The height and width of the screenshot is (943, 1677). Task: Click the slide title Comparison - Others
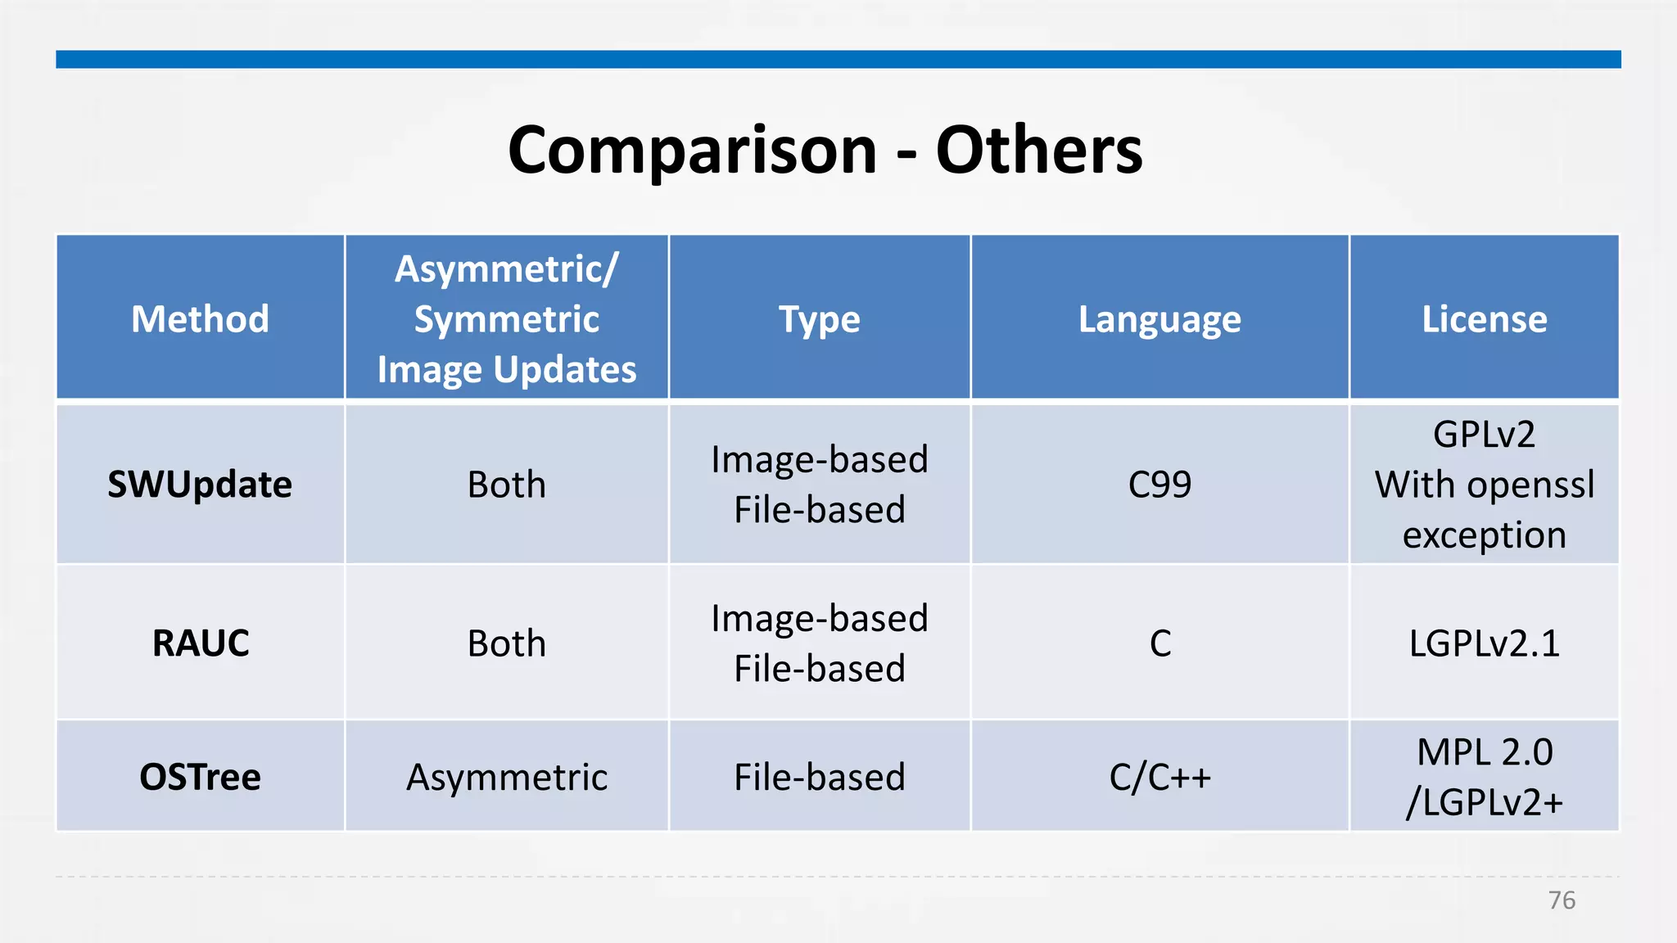[825, 151]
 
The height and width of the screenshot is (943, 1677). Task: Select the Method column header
[200, 319]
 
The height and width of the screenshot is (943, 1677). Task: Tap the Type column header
[819, 319]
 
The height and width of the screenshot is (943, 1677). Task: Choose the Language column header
[1159, 319]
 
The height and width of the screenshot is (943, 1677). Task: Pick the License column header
[1484, 319]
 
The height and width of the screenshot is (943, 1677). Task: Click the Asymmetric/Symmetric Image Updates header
[506, 319]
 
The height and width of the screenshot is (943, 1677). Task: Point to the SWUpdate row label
[200, 485]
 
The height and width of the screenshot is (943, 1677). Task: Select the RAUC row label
[200, 643]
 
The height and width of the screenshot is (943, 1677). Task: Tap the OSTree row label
[200, 777]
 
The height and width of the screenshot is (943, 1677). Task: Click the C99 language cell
[1159, 485]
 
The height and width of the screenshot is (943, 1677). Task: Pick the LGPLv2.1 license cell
[1484, 643]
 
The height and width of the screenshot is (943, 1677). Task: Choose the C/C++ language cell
[1159, 777]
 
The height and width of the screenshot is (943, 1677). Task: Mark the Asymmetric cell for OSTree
[506, 777]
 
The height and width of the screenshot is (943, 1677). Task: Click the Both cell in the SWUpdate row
[506, 485]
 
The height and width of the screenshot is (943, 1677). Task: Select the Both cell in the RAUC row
[506, 643]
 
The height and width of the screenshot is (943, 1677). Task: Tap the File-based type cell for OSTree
[819, 777]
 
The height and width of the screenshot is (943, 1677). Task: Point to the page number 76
[1562, 900]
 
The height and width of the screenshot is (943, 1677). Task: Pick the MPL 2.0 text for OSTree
[1484, 752]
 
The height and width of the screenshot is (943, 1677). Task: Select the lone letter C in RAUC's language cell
[1159, 643]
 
